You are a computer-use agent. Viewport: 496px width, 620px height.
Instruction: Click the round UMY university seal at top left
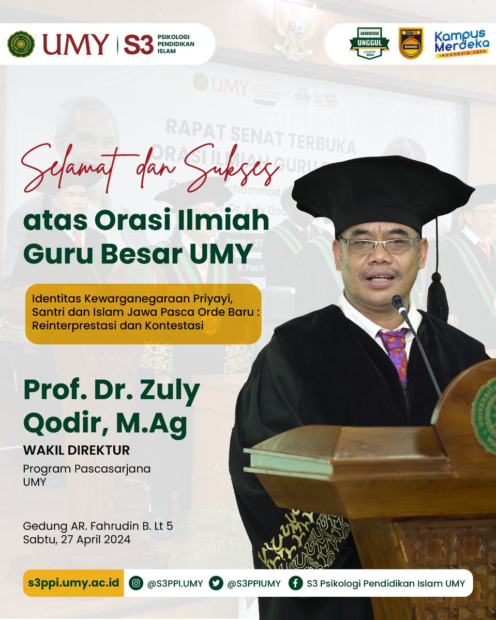pyautogui.click(x=21, y=43)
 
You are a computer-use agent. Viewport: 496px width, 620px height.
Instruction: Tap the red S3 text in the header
pyautogui.click(x=138, y=44)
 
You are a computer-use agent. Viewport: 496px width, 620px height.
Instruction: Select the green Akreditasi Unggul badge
pyautogui.click(x=369, y=44)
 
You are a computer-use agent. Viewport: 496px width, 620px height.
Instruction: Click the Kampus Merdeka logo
pyautogui.click(x=462, y=43)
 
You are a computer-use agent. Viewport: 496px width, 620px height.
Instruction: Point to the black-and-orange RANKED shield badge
pyautogui.click(x=411, y=43)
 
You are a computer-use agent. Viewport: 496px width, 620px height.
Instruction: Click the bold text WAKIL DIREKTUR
pyautogui.click(x=76, y=450)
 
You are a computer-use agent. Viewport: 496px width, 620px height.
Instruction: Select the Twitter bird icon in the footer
pyautogui.click(x=216, y=583)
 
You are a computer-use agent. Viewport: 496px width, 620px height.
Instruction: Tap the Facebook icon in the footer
pyautogui.click(x=296, y=583)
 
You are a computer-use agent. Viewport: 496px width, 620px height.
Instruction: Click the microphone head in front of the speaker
pyautogui.click(x=399, y=304)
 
